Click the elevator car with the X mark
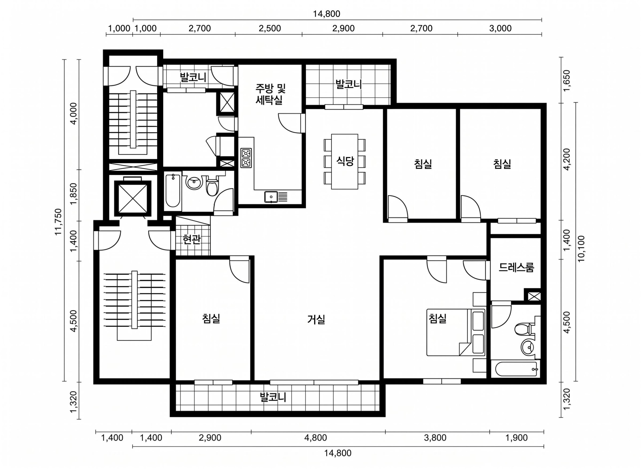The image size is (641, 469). pos(133,198)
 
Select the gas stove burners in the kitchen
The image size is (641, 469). pos(246,158)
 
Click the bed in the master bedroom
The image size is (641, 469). pos(456,332)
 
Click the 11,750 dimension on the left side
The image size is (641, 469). pos(58,222)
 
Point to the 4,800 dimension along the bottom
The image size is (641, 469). pos(315,437)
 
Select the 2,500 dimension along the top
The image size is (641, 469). pos(270,28)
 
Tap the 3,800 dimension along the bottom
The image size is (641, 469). pos(435,437)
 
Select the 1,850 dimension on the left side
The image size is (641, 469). pos(74,194)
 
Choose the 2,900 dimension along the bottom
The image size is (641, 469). pos(210,437)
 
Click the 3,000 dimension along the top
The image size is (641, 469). pos(500,28)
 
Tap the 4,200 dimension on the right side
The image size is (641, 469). pos(566,159)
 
